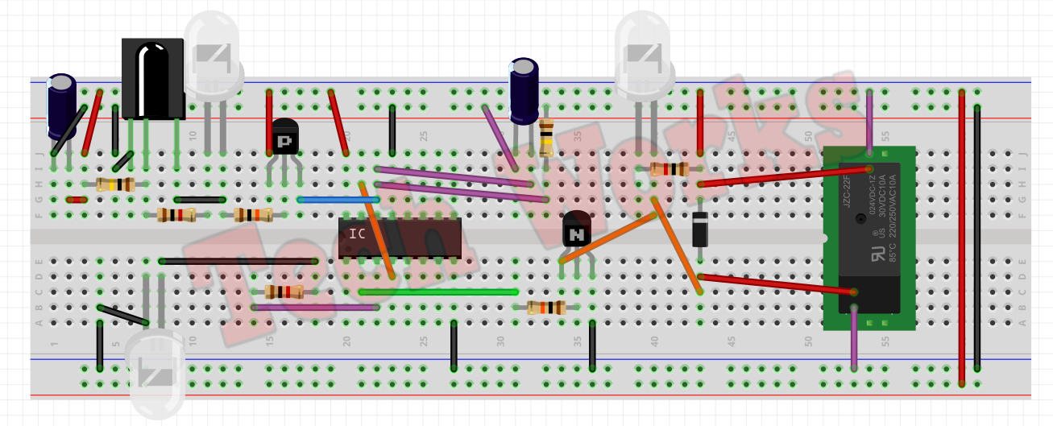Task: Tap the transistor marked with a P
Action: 284,139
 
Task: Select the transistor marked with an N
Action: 577,229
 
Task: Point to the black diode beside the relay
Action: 700,229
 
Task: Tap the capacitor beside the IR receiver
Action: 61,105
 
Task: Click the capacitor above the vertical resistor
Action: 524,90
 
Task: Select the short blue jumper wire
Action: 338,199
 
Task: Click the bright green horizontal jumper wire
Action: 439,292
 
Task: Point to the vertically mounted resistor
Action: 546,138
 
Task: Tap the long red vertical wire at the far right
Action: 961,242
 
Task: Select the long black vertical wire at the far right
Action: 977,242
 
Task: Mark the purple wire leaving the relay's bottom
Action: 854,338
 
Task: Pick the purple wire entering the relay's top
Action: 869,121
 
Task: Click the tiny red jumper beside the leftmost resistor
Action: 77,200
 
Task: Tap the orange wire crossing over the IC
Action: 377,230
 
